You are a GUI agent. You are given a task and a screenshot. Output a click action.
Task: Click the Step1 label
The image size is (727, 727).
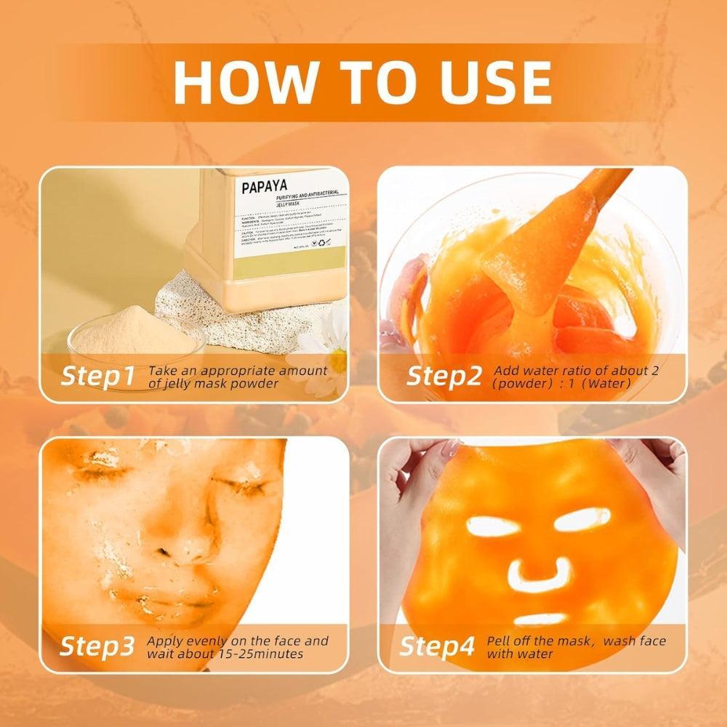pyautogui.click(x=97, y=376)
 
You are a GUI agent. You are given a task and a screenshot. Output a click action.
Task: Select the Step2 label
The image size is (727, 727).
pyautogui.click(x=443, y=376)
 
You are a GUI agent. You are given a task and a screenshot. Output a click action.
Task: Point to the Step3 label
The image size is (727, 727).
pyautogui.click(x=97, y=646)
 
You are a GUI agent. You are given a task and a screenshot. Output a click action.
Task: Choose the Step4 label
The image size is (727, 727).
pyautogui.click(x=437, y=646)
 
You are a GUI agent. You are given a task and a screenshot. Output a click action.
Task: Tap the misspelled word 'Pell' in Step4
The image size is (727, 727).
pyautogui.click(x=506, y=640)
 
